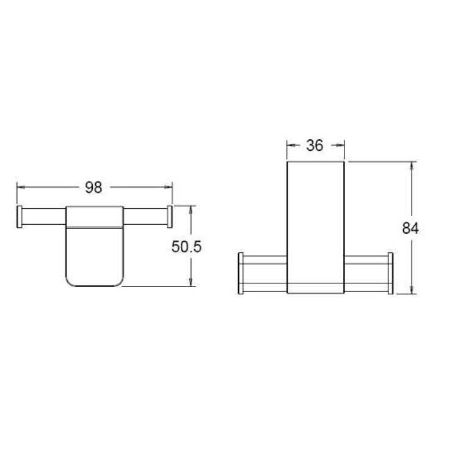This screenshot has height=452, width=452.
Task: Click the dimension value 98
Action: point(93,188)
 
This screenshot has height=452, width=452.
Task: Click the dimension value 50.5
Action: point(186,247)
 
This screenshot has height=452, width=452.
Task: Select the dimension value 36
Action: point(315,145)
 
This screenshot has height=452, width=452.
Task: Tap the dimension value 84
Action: point(410,228)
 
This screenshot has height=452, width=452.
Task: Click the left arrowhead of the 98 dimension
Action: point(21,188)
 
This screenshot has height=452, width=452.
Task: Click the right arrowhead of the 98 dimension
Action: point(169,188)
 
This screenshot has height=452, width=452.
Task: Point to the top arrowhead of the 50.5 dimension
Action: point(191,210)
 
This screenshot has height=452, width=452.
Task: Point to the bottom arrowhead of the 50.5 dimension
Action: point(191,282)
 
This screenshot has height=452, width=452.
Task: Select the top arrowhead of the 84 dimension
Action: point(412,166)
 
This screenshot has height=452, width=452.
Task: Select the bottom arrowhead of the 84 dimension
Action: point(412,290)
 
